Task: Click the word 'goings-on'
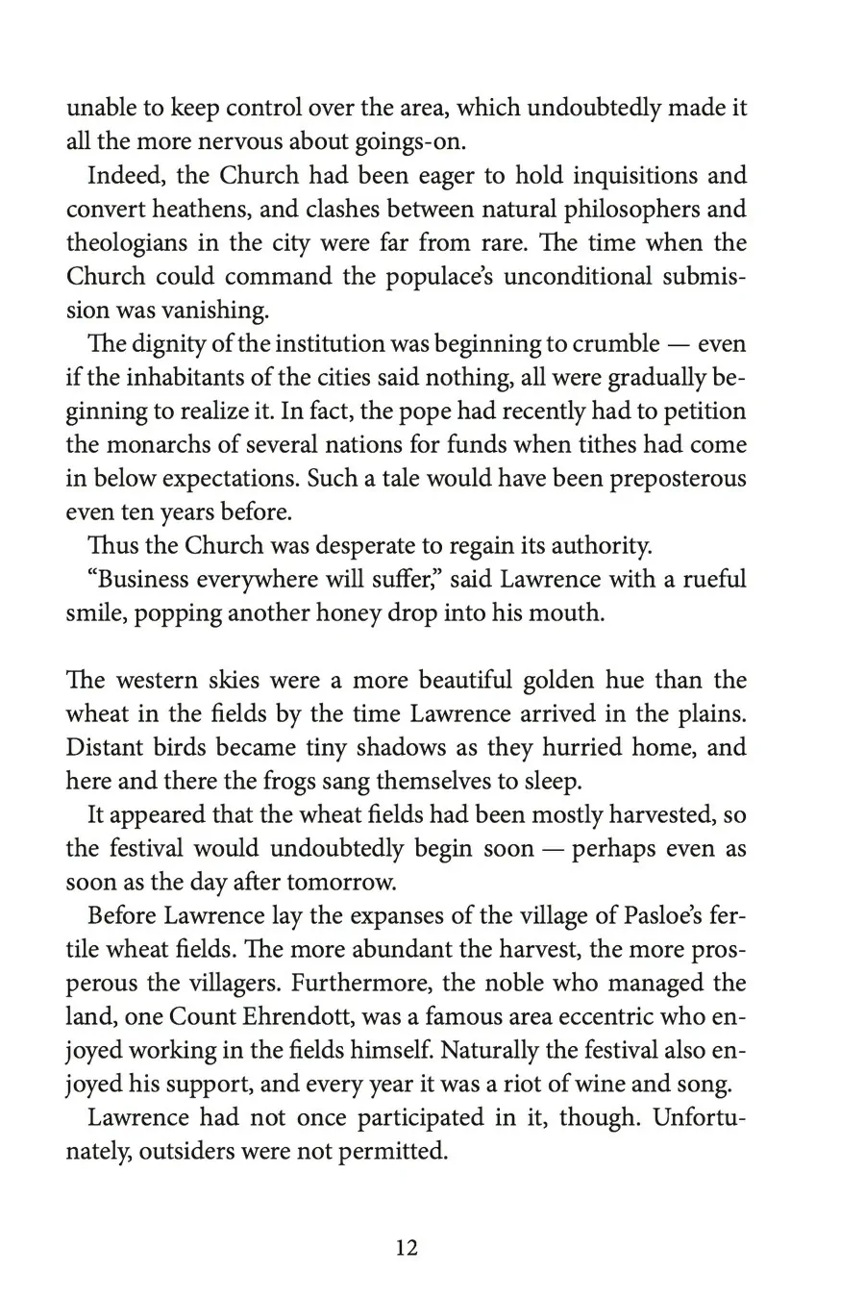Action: pos(399,142)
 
